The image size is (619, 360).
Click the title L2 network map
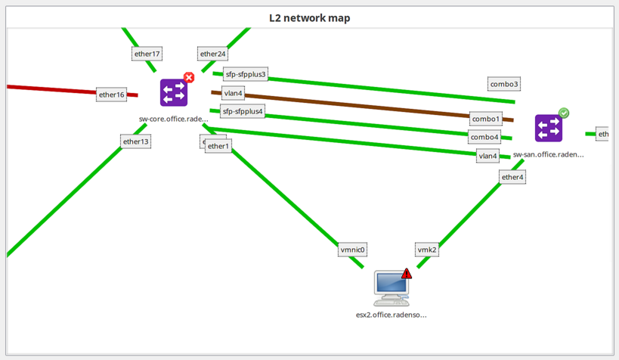[309, 17]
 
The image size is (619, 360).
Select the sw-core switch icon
[174, 93]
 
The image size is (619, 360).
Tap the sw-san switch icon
[548, 129]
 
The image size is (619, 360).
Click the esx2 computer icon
[392, 288]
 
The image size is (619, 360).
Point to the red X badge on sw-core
[189, 77]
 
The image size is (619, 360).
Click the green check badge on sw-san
[564, 113]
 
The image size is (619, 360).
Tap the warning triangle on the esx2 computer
[407, 273]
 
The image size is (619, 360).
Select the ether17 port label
[147, 54]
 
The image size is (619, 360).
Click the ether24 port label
[212, 54]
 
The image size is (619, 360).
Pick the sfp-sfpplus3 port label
[246, 75]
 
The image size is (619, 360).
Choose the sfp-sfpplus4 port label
[243, 111]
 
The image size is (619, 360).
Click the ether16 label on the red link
[111, 95]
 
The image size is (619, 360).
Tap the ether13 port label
[136, 141]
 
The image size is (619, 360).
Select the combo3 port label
[504, 84]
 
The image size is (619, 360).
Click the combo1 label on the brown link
[485, 119]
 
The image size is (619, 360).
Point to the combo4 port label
[484, 137]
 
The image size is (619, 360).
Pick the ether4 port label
[512, 177]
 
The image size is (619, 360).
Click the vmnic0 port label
[353, 249]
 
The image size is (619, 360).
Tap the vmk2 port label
[427, 249]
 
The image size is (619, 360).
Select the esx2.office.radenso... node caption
[392, 314]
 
